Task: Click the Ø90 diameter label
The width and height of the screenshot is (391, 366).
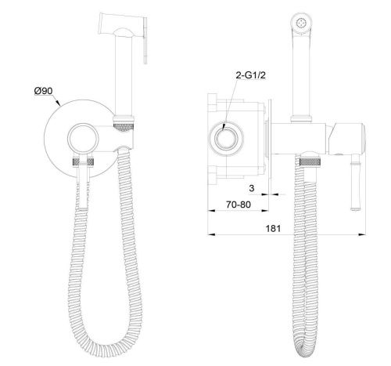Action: [x=44, y=92]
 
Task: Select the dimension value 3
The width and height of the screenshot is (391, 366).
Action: [x=253, y=188]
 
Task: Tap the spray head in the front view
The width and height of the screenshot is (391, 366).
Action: [x=117, y=26]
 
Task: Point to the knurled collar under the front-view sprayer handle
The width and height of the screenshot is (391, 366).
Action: [x=124, y=123]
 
